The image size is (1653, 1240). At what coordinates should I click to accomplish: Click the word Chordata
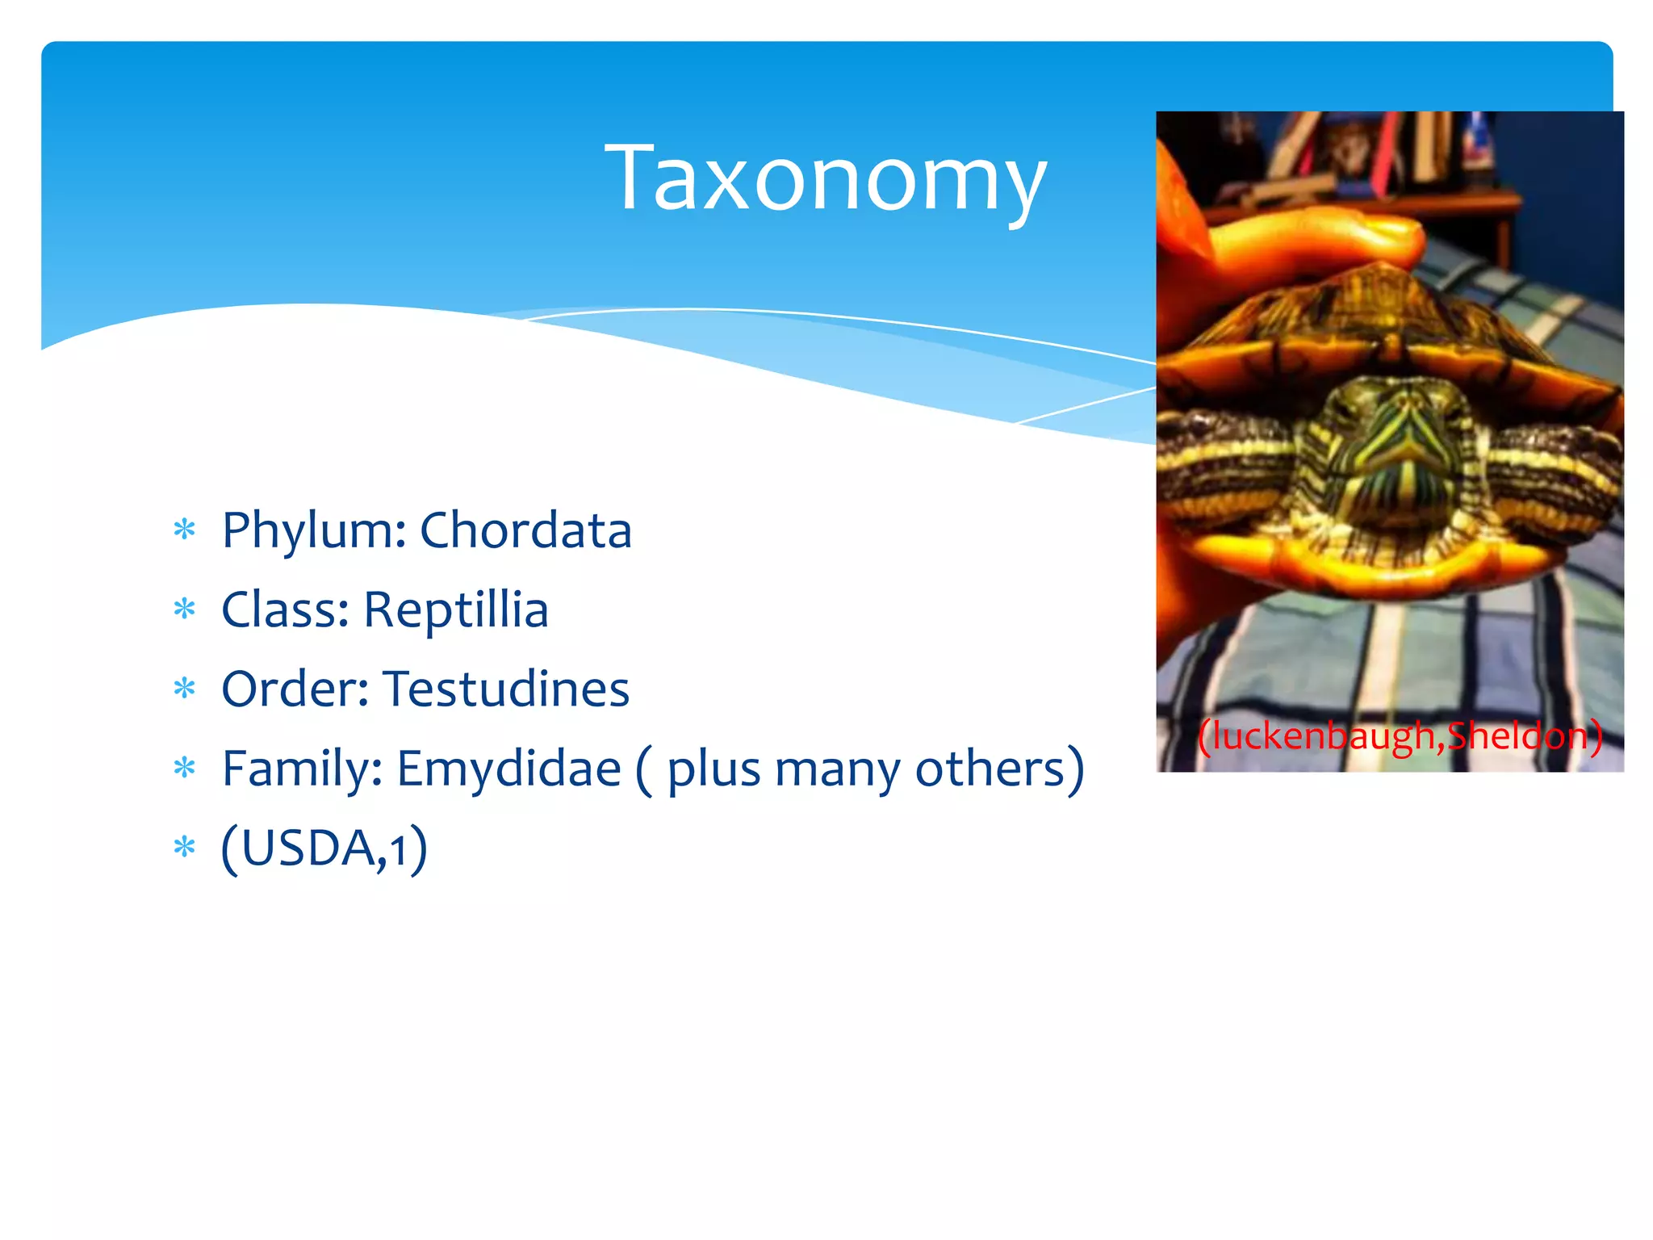[x=525, y=531]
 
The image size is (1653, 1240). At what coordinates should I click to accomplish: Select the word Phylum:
[x=314, y=531]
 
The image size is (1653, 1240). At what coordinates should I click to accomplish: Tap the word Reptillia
[x=456, y=610]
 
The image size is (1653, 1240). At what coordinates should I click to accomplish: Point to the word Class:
[x=286, y=610]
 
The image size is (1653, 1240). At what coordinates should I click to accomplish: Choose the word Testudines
[x=506, y=689]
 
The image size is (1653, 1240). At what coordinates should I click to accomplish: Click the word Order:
[x=295, y=689]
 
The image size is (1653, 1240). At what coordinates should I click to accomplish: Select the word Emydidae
[x=508, y=769]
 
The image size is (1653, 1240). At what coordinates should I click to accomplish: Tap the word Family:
[x=302, y=769]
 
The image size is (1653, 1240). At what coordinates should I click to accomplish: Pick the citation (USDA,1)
[x=324, y=848]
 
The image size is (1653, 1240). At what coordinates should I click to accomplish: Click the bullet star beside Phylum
[x=185, y=531]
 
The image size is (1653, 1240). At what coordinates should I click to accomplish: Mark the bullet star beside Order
[x=185, y=689]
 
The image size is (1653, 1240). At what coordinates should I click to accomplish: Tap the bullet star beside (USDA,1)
[x=185, y=848]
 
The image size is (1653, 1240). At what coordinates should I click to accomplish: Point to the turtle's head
[x=1392, y=452]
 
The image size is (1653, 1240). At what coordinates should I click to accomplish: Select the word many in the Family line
[x=837, y=769]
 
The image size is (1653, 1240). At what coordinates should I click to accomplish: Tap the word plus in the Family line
[x=714, y=769]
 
